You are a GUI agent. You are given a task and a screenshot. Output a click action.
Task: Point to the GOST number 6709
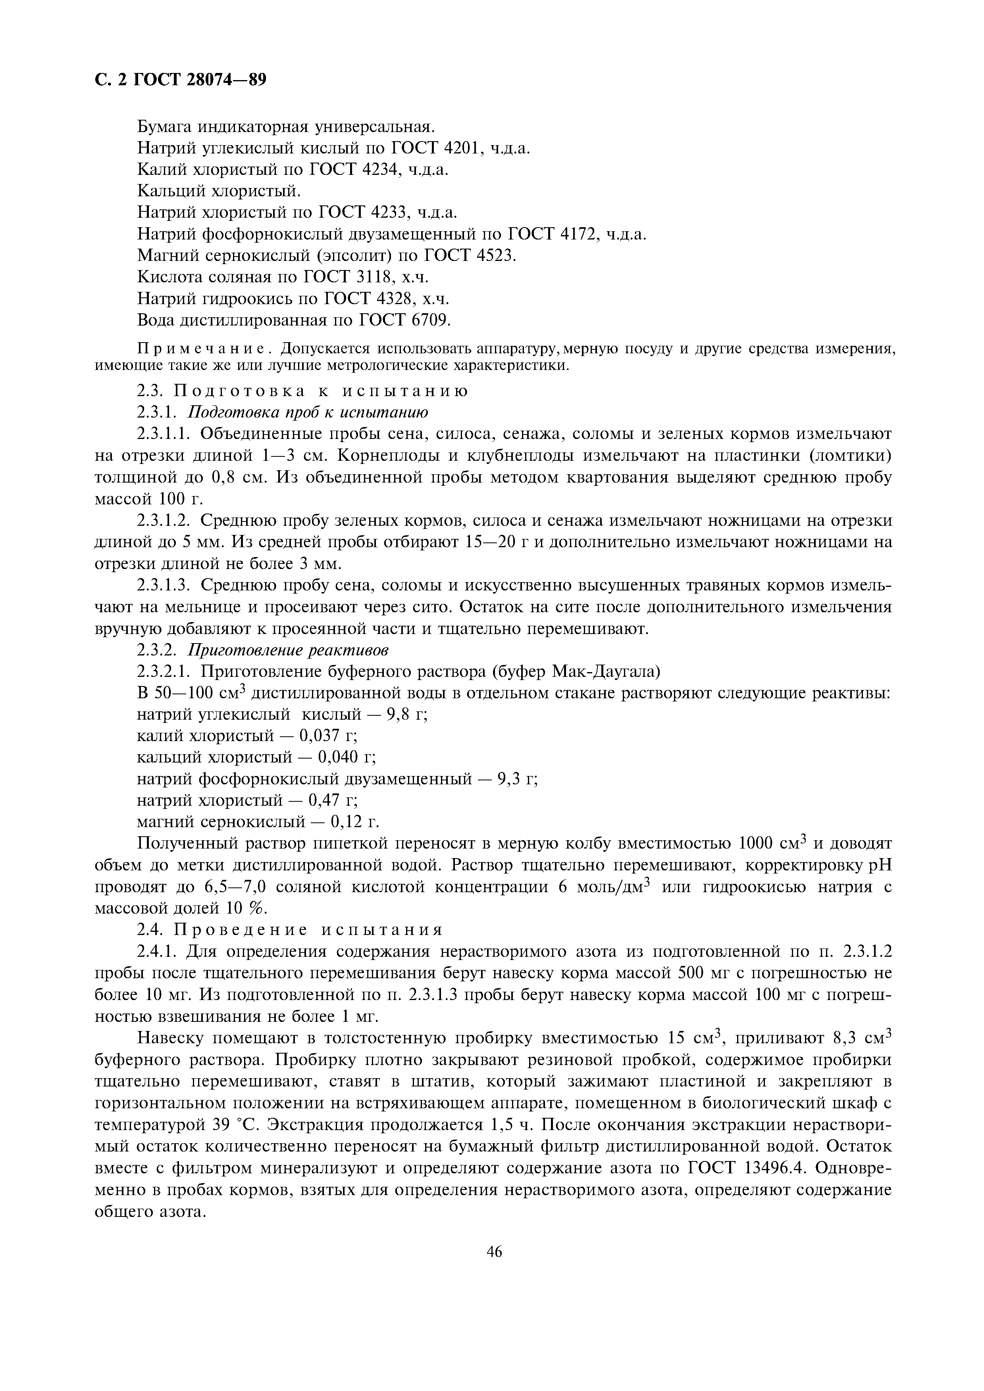coord(430,320)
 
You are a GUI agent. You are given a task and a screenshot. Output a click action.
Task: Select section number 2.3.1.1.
coord(164,434)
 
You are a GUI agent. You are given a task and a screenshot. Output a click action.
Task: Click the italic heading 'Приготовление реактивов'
coord(288,650)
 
